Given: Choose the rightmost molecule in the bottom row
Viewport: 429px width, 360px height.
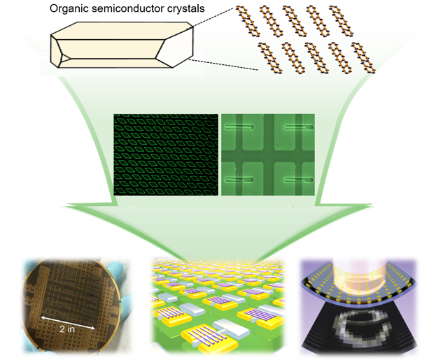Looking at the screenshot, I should click(x=360, y=58).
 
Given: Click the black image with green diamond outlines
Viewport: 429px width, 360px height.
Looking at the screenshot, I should click(x=166, y=154).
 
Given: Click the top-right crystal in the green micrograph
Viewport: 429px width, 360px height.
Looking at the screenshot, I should click(x=296, y=127).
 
